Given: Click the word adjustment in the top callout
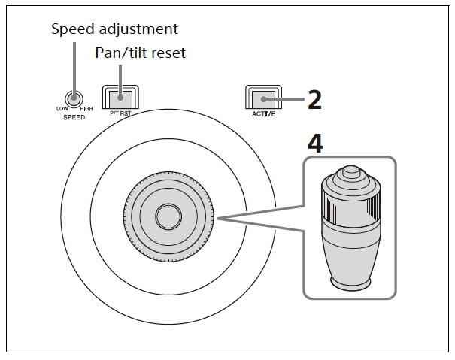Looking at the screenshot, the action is coord(138,29).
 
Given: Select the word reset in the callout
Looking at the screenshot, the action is coord(168,53).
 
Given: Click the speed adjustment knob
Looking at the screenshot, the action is coord(74,99).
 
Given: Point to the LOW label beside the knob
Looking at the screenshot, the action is coord(62,109).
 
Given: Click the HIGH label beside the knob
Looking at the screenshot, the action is coord(86,109).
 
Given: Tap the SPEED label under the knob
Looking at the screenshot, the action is coord(74,117).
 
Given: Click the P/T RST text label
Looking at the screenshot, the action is coord(120,113).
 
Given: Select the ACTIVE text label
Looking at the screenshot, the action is coord(263,114).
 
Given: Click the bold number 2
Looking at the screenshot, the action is coord(314,100).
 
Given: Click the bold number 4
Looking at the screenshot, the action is coord(315,144).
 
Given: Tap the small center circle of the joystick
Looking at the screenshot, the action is coord(168,216).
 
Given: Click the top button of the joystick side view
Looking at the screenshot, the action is coord(350,171).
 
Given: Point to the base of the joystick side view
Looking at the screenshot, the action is coord(351,283).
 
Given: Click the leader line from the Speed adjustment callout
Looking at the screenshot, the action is coord(74,70).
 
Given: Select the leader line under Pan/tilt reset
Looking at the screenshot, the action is coord(120,81).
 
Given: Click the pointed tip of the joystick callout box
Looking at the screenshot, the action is coord(218,219).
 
